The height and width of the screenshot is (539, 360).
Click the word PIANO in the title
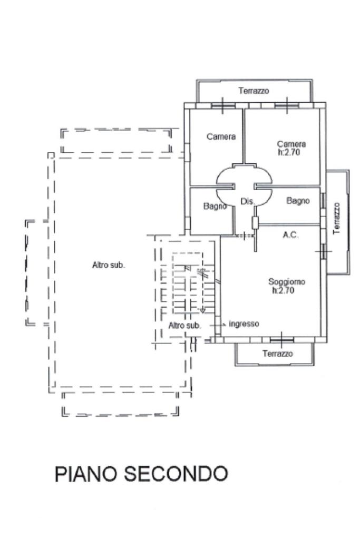click(86, 474)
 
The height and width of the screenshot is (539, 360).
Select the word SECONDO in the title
click(176, 474)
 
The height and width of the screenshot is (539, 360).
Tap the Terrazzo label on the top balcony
click(254, 91)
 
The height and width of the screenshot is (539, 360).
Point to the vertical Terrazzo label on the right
click(337, 218)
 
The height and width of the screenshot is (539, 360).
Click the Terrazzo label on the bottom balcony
click(278, 354)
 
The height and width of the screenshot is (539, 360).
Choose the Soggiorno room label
click(286, 282)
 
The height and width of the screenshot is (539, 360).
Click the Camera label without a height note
click(221, 137)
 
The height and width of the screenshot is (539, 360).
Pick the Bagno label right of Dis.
click(298, 201)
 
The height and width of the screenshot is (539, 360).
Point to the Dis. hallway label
click(247, 201)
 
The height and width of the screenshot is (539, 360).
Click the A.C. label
click(291, 235)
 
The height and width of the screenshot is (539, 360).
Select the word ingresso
click(244, 324)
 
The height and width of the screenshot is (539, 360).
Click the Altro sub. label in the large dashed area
click(109, 266)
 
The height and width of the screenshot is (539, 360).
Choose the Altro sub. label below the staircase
click(184, 326)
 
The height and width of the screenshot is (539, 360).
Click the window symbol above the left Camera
click(222, 105)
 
